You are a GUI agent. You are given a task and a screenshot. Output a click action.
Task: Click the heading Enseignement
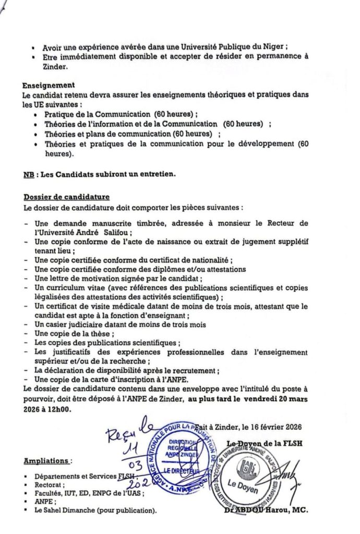coord(49,85)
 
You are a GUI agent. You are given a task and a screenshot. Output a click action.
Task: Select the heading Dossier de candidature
coord(66,197)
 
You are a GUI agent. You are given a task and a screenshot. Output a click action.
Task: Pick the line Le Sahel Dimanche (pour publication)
coord(95,511)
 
